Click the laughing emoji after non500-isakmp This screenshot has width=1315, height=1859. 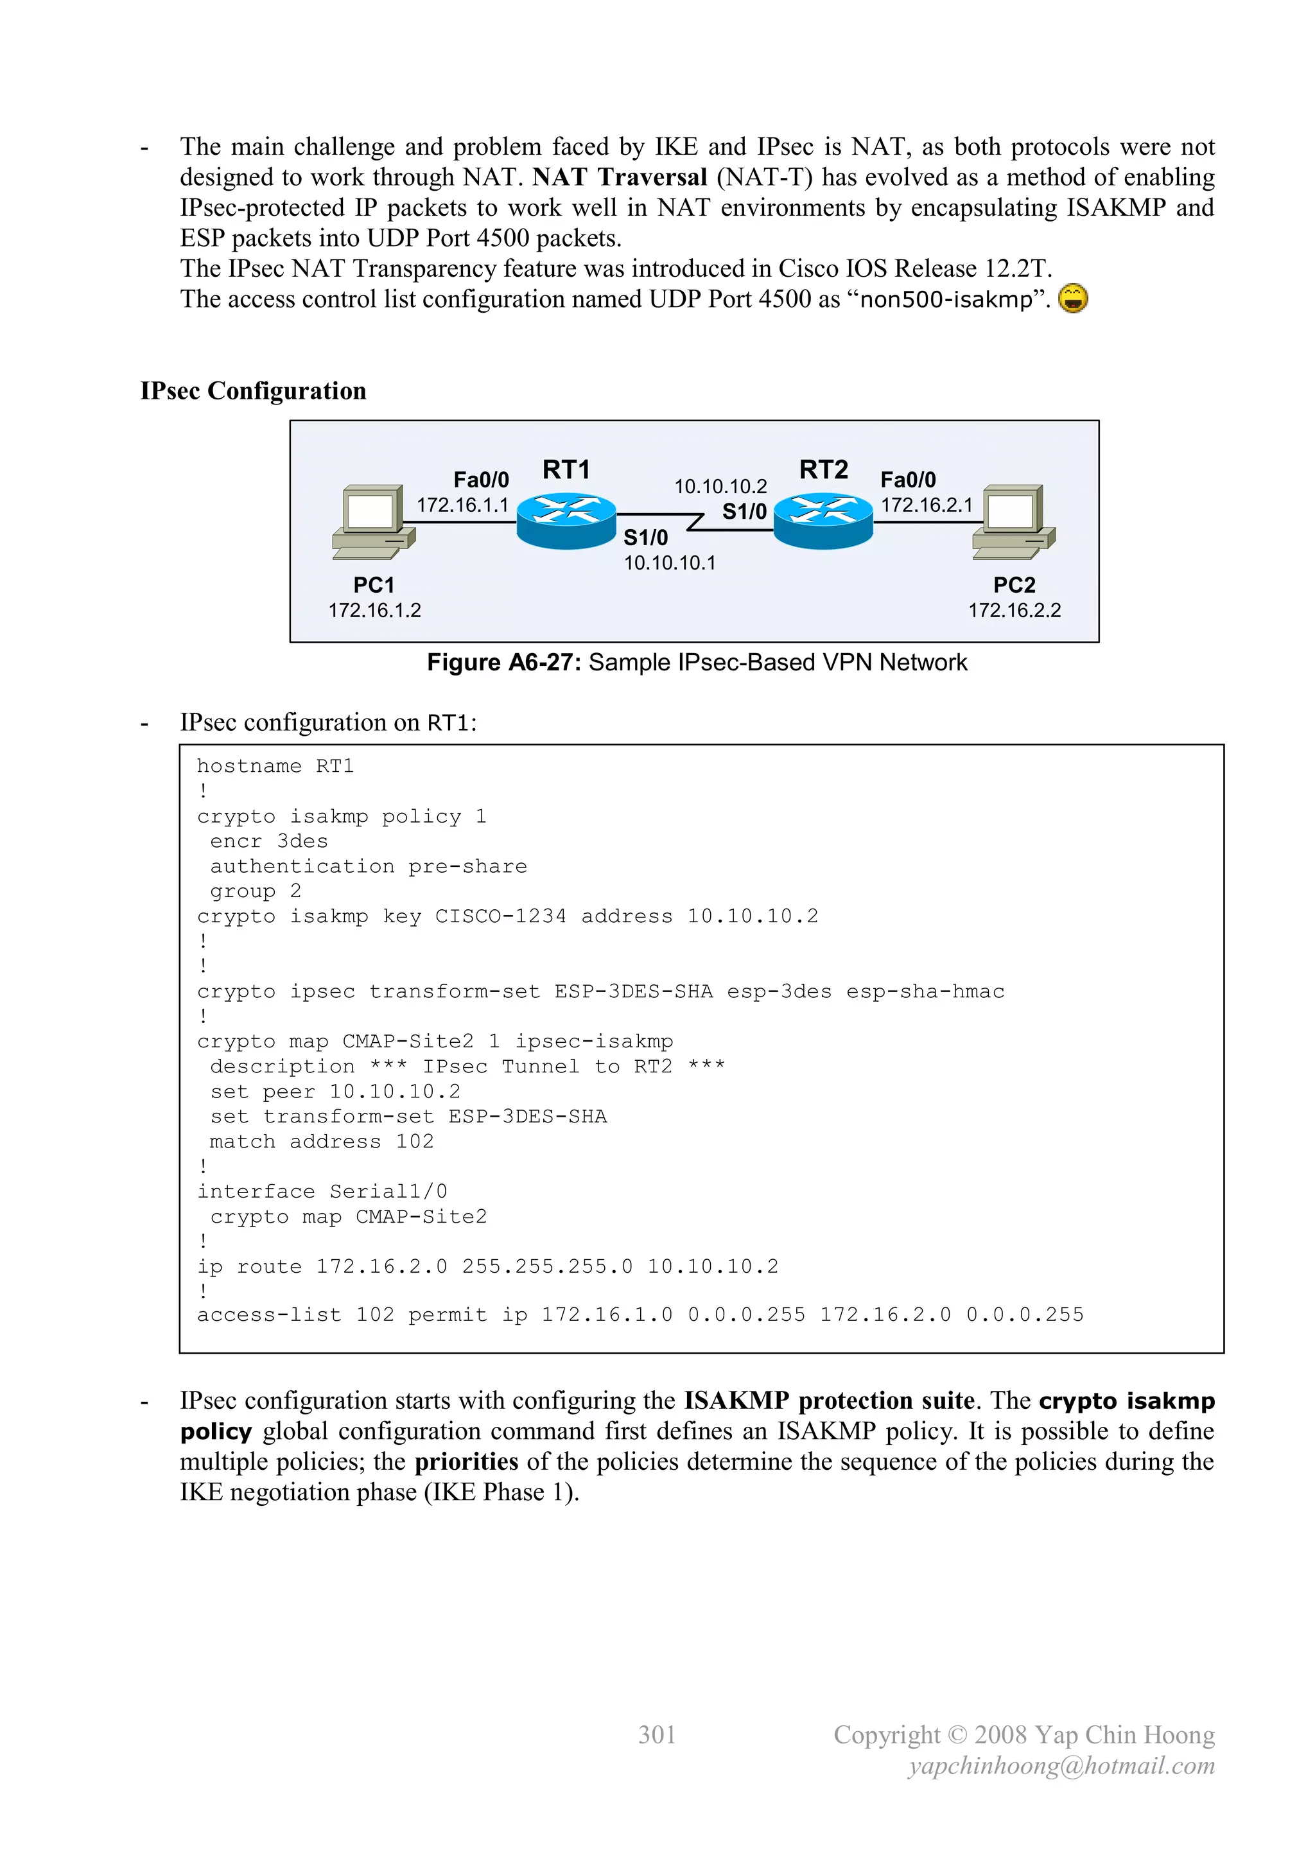pos(1072,299)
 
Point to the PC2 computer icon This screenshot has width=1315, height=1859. pos(1014,521)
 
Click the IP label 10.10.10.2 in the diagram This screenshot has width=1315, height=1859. pos(720,487)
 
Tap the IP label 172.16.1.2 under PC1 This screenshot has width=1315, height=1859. pos(374,611)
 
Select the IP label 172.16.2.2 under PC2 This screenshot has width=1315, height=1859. pos(1014,611)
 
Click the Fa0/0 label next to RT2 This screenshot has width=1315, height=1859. pos(908,480)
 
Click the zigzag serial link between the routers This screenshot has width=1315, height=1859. pos(695,521)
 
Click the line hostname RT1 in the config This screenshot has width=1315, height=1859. pos(275,766)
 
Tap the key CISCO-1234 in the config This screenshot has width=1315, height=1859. pos(500,916)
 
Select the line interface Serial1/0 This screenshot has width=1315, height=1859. pos(322,1192)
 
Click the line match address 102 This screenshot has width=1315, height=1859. pos(322,1142)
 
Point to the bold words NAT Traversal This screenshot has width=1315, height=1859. pos(620,177)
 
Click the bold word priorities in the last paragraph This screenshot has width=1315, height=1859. pos(466,1462)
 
